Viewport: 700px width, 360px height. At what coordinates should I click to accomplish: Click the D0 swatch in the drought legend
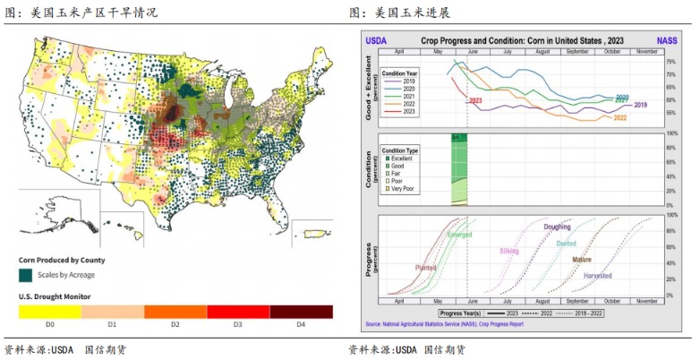50,312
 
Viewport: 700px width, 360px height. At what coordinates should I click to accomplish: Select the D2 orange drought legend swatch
175,312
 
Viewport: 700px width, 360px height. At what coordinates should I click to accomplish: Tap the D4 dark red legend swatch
301,312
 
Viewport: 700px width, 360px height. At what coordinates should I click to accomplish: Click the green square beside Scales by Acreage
27,275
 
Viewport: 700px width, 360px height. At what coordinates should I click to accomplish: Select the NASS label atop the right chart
667,41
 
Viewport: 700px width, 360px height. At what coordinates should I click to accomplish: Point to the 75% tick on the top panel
670,63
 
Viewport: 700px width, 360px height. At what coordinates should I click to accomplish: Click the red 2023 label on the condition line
474,101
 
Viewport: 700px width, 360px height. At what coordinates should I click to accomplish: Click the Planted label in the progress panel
426,267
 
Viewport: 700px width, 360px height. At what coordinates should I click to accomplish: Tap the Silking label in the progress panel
509,251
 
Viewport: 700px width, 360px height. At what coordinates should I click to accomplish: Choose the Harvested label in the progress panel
598,275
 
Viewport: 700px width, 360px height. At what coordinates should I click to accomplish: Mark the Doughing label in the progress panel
557,227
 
